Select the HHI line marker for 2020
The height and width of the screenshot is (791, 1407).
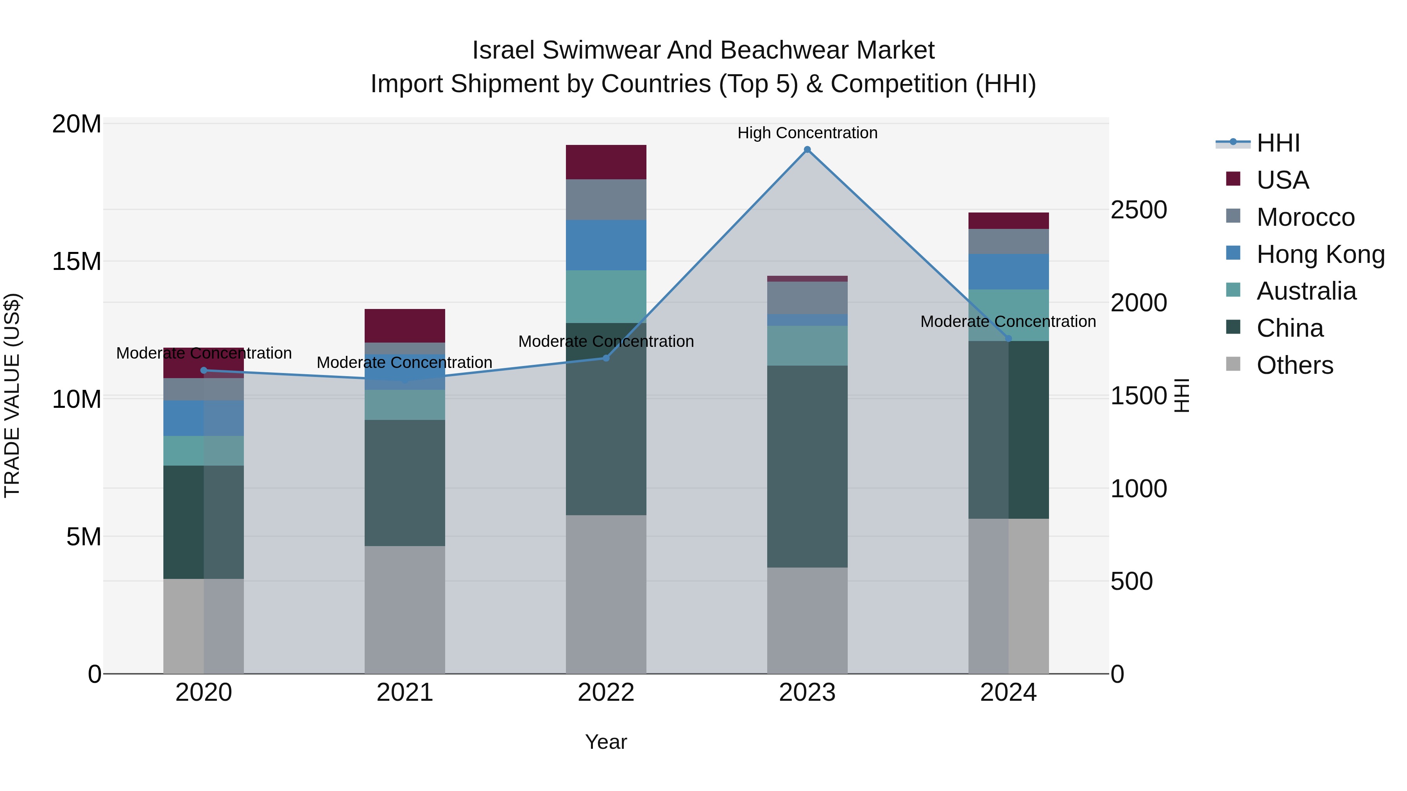tap(204, 370)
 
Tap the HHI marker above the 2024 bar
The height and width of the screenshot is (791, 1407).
tap(1008, 338)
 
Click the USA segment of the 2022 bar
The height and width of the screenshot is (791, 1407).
tap(606, 162)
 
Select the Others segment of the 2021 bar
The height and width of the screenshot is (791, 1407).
tap(405, 609)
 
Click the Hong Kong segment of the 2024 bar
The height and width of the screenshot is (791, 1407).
tap(1008, 271)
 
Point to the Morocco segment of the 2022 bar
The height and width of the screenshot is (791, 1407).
tap(606, 199)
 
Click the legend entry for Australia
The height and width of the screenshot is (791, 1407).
tap(1305, 291)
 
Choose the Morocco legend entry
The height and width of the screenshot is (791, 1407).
tap(1305, 217)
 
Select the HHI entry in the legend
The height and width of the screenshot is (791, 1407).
tap(1278, 143)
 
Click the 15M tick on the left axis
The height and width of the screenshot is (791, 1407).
tap(77, 261)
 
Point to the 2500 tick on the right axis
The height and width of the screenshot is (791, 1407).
tap(1139, 210)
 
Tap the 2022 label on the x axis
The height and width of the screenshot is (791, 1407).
tap(606, 693)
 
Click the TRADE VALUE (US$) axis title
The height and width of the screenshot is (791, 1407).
tap(12, 395)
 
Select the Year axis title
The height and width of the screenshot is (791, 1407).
tap(606, 742)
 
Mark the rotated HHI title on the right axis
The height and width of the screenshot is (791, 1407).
tap(1182, 395)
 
